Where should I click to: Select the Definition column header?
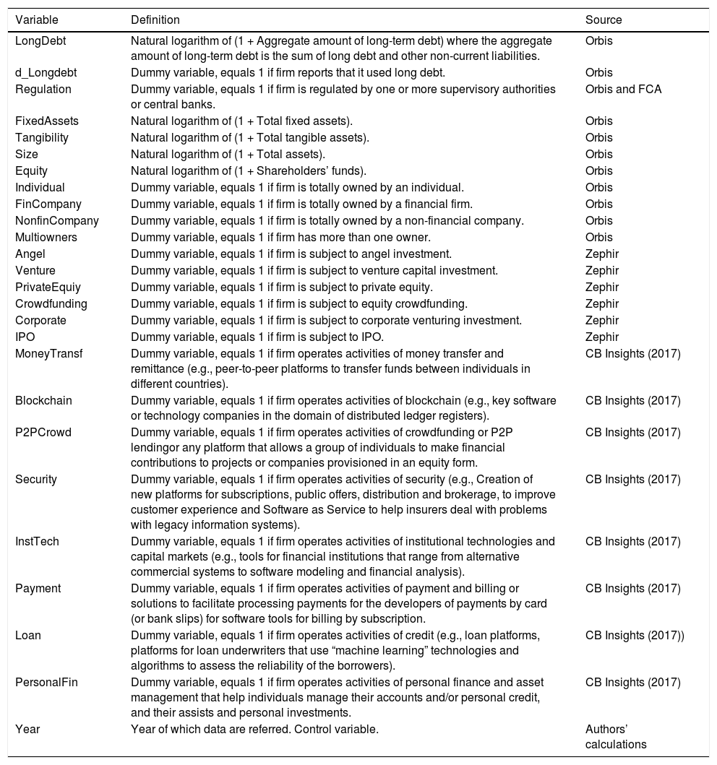point(155,20)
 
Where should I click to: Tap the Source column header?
point(604,20)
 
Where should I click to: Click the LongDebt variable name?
point(40,40)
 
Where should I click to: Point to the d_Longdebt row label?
point(46,72)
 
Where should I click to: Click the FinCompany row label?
point(48,204)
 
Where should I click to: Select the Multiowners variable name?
point(46,237)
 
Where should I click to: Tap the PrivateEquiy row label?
point(48,287)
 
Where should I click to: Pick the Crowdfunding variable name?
point(51,303)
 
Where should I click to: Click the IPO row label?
point(25,337)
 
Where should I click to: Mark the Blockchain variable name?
point(43,400)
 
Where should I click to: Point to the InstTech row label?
point(39,541)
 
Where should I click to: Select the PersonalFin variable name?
point(46,682)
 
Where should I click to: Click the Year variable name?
point(27,729)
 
